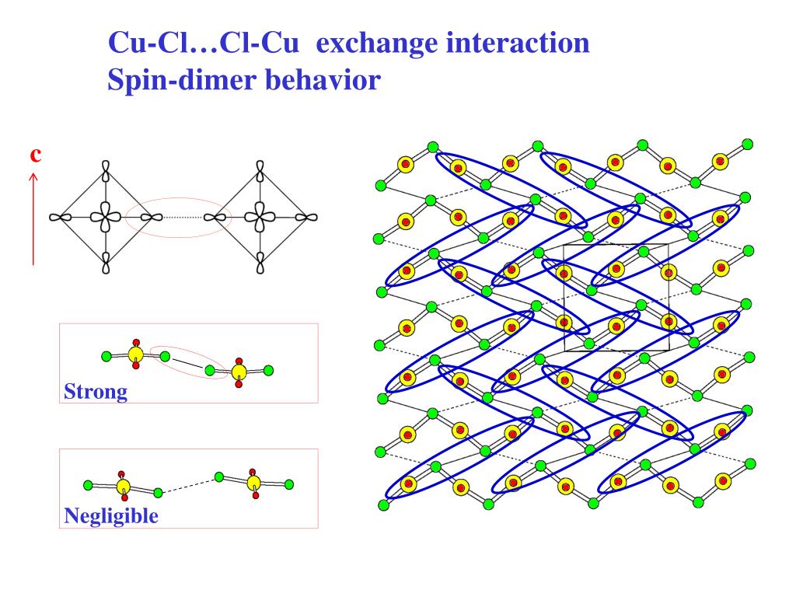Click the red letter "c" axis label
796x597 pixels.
click(x=35, y=154)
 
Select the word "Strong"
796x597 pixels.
click(x=95, y=391)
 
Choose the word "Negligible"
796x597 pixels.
click(x=111, y=515)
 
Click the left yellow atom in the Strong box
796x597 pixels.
click(x=135, y=355)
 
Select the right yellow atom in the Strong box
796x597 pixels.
click(x=239, y=372)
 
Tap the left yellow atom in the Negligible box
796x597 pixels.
click(x=123, y=487)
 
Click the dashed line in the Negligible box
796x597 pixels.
click(x=188, y=485)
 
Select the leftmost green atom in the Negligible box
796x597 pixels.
click(x=87, y=485)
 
